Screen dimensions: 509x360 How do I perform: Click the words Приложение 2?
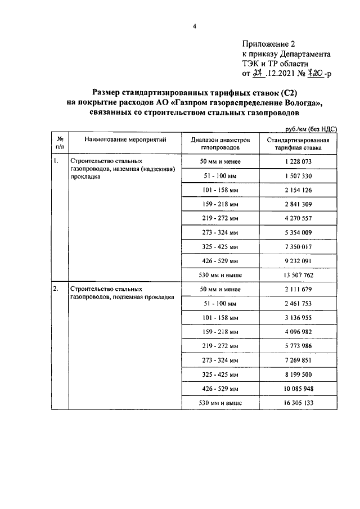268,43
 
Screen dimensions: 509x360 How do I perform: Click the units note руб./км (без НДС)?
312,129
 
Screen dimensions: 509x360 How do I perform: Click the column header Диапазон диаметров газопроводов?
219,142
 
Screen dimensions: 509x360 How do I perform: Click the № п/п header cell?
59,142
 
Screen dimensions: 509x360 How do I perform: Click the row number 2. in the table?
56,289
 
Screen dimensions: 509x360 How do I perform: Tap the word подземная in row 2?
128,296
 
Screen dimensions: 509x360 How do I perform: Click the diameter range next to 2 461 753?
219,304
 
